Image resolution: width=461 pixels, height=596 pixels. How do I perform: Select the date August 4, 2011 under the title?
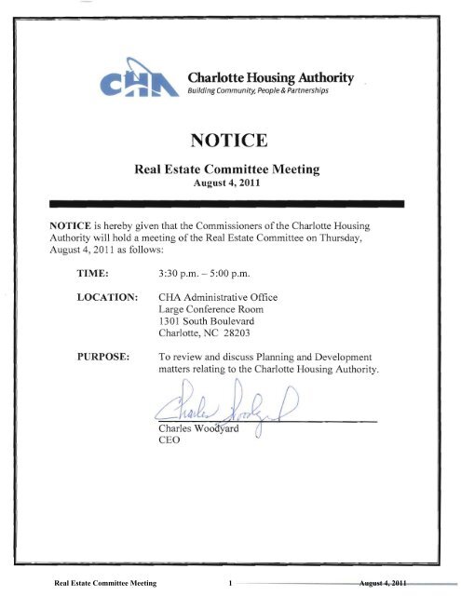click(x=229, y=183)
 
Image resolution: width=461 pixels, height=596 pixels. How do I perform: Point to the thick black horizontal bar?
click(x=229, y=202)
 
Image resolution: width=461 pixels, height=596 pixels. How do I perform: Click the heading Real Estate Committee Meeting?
click(x=229, y=169)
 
